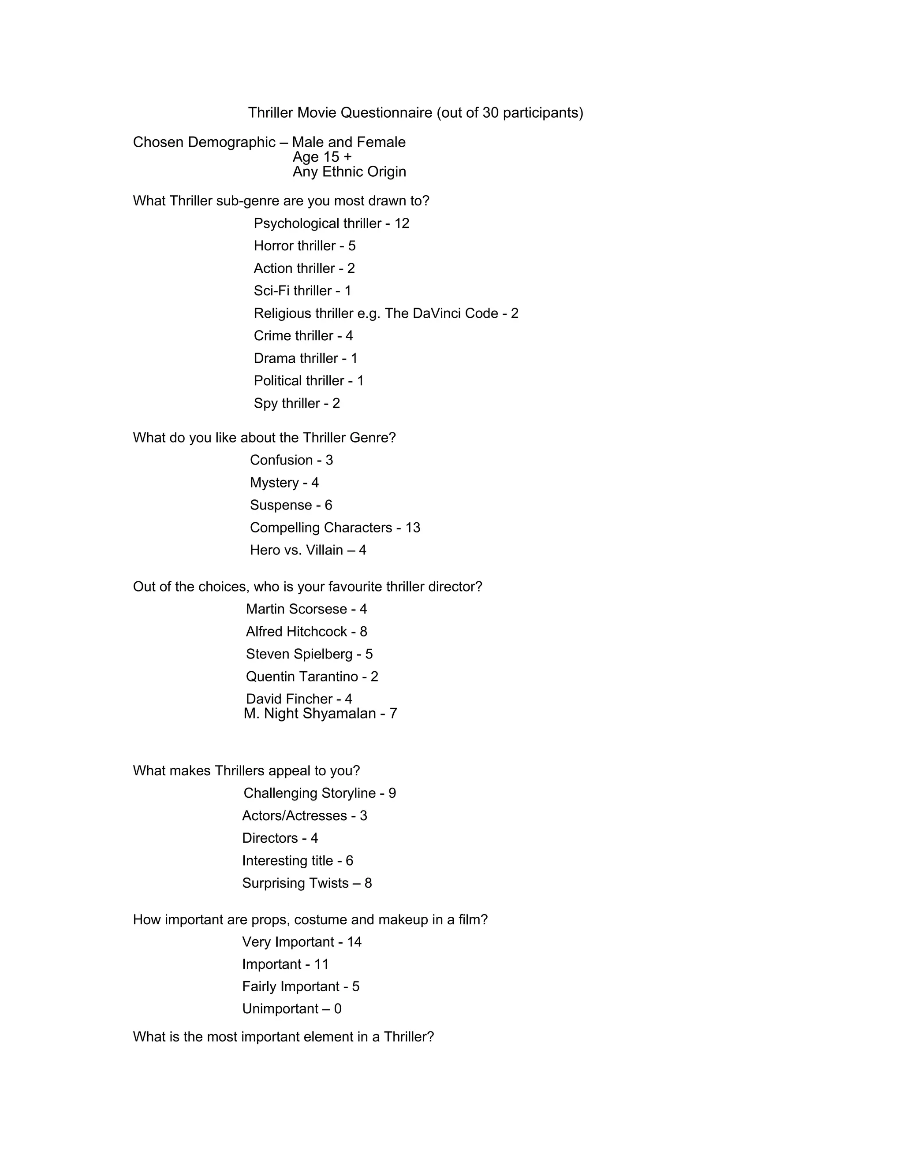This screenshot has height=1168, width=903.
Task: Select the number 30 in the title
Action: pyautogui.click(x=491, y=113)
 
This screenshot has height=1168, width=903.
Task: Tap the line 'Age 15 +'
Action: pyautogui.click(x=322, y=157)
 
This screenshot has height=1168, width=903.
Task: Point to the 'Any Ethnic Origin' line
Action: pyautogui.click(x=349, y=171)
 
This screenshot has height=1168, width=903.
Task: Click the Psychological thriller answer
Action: pyautogui.click(x=331, y=223)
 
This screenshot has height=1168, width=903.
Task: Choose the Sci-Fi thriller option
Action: pyautogui.click(x=302, y=291)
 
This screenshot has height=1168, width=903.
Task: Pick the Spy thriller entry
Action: pyautogui.click(x=296, y=403)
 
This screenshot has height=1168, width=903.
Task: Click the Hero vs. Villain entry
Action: pyautogui.click(x=308, y=551)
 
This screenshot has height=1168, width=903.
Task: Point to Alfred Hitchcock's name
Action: pyautogui.click(x=296, y=632)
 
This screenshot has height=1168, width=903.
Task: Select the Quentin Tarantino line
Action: pyautogui.click(x=312, y=677)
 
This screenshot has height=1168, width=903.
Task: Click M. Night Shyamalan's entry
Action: pyautogui.click(x=320, y=714)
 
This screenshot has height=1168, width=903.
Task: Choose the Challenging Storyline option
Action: pyautogui.click(x=319, y=793)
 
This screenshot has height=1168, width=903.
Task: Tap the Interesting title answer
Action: pyautogui.click(x=298, y=860)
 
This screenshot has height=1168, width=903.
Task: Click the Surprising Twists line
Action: pyautogui.click(x=306, y=883)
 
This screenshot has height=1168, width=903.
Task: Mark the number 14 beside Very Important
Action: pyautogui.click(x=354, y=942)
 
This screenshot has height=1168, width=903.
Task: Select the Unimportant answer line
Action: pyautogui.click(x=291, y=1008)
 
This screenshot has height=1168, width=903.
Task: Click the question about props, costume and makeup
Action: pyautogui.click(x=310, y=919)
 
